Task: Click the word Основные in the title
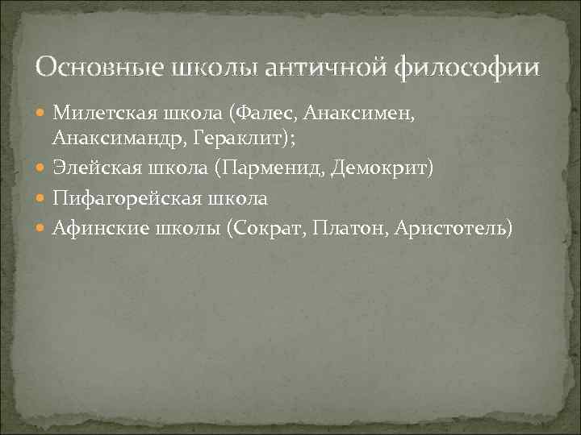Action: [98, 67]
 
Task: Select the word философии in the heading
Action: [468, 67]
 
